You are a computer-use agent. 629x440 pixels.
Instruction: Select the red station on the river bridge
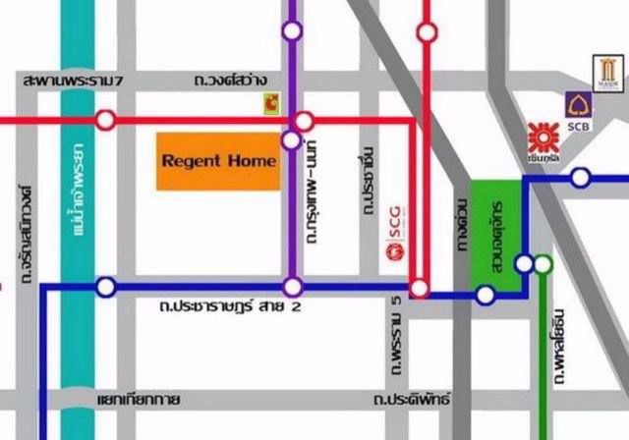coord(105,121)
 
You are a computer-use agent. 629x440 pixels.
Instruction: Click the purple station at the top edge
coord(291,30)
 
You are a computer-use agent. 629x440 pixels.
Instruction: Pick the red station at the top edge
coord(426,31)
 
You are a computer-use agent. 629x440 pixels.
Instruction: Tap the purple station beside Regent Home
coord(291,140)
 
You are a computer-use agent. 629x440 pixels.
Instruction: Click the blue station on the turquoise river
coord(105,287)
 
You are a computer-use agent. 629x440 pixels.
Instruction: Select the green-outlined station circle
coord(543,263)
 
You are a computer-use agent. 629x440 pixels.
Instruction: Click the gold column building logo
coord(603,72)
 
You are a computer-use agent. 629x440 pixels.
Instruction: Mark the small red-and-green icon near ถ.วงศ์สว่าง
coord(268,101)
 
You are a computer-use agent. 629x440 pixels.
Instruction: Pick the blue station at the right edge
coord(581,178)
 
